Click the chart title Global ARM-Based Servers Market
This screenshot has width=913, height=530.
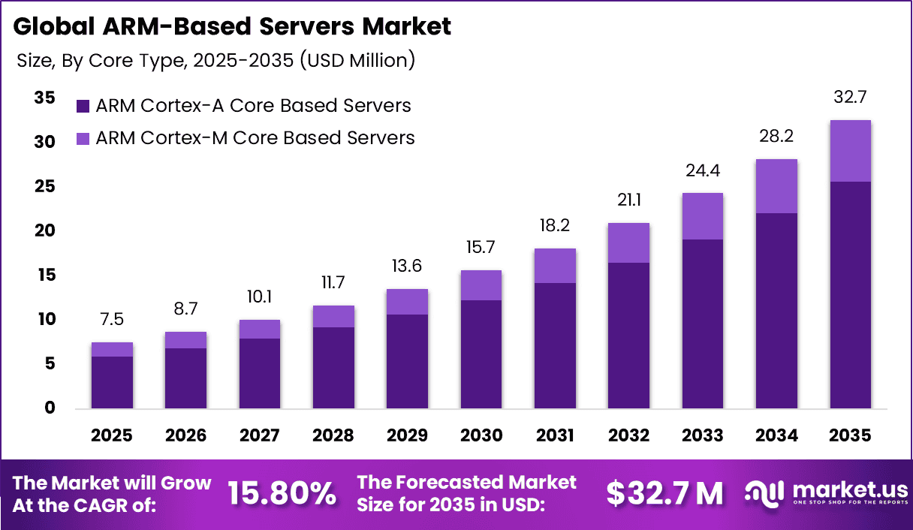[x=232, y=27]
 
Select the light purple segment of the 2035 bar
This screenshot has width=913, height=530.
[x=850, y=150]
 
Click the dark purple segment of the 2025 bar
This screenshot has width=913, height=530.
[x=112, y=382]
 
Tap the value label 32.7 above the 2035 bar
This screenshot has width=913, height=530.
[x=850, y=98]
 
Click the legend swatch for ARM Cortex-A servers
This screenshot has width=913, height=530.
[x=83, y=106]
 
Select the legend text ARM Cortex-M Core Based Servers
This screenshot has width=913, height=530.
[x=255, y=138]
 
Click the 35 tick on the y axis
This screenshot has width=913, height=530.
[x=44, y=98]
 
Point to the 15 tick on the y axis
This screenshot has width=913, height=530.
[x=44, y=276]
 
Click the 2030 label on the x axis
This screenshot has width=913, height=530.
[x=481, y=435]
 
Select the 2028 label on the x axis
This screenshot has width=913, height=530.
[x=333, y=435]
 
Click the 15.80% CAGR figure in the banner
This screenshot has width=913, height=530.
[x=282, y=493]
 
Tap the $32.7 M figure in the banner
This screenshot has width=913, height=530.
[x=664, y=493]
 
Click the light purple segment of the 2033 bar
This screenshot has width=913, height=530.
[x=702, y=216]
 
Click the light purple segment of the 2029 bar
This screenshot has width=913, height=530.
[x=407, y=302]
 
